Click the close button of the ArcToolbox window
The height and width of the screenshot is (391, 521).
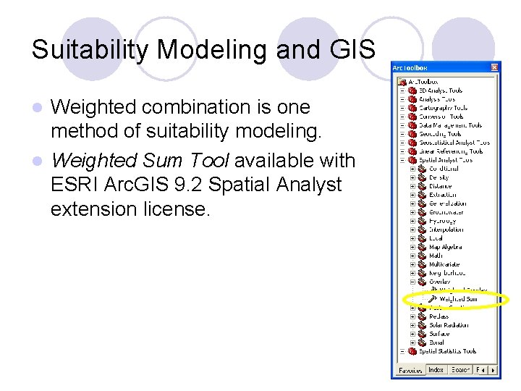pyautogui.click(x=494, y=67)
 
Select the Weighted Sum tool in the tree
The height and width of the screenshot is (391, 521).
pyautogui.click(x=458, y=299)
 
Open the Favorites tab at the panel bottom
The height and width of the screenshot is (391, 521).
pyautogui.click(x=410, y=370)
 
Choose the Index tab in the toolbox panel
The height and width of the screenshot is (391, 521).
pyautogui.click(x=436, y=370)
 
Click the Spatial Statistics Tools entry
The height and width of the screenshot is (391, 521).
pyautogui.click(x=447, y=351)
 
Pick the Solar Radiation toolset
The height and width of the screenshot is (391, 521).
pyautogui.click(x=449, y=325)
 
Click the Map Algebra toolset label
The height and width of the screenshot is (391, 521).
pyautogui.click(x=444, y=247)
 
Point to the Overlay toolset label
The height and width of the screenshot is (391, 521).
pyautogui.click(x=440, y=282)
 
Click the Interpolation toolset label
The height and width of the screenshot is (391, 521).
pyautogui.click(x=445, y=230)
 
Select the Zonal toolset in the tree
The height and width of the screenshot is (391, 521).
pyautogui.click(x=437, y=342)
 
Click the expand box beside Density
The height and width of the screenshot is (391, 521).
pyautogui.click(x=412, y=177)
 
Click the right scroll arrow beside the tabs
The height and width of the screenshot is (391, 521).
pyautogui.click(x=494, y=370)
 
